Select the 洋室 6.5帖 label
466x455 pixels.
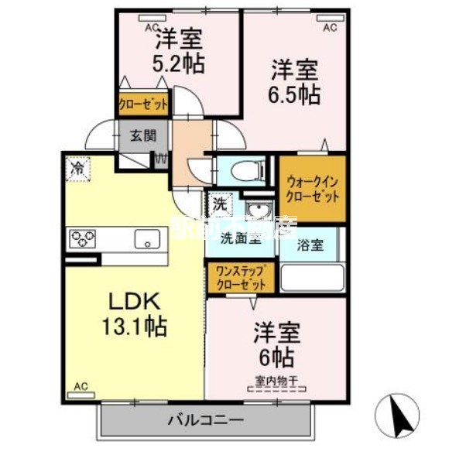click(x=295, y=81)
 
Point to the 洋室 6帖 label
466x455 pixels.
click(x=275, y=346)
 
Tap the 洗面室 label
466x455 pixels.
click(x=241, y=238)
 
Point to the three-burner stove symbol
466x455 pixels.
click(x=82, y=238)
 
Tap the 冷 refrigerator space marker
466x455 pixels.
click(x=77, y=167)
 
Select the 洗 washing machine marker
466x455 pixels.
click(x=220, y=205)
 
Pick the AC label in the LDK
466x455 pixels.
click(x=81, y=385)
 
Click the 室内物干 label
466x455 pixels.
click(x=276, y=380)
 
